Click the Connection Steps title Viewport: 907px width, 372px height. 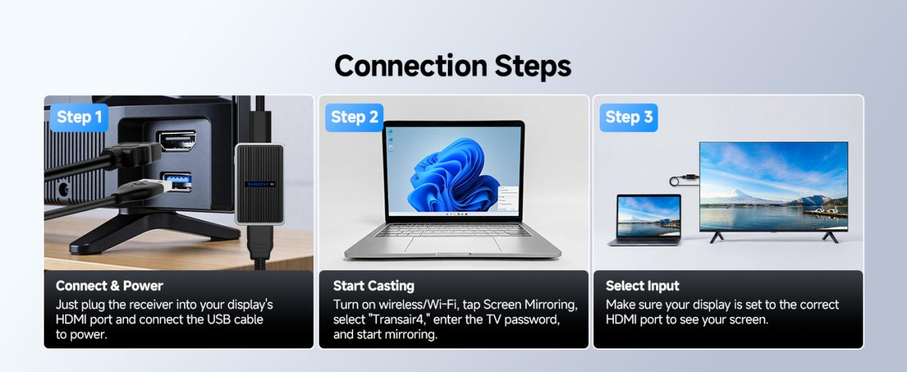pos(453,66)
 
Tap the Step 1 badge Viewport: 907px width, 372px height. pos(80,118)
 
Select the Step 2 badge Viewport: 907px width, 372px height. pos(355,118)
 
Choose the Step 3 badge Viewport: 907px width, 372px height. pos(628,118)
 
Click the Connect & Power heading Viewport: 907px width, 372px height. pos(110,286)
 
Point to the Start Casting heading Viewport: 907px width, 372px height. pos(374,286)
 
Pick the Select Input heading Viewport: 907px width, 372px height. pos(643,286)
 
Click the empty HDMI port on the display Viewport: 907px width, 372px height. pos(176,140)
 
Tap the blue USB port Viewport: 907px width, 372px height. pos(176,181)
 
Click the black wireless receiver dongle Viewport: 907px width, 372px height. pos(259,184)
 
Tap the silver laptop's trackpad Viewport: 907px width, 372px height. pos(453,244)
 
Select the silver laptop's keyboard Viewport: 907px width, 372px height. pos(453,230)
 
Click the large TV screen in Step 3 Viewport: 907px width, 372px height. pos(773,186)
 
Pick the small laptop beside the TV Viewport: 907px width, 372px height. pos(646,219)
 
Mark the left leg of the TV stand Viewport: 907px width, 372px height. pos(717,237)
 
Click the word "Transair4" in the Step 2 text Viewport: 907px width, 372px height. pos(398,320)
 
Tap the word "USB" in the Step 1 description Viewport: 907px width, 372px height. pos(219,320)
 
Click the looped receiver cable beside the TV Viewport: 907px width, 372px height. pos(684,179)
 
